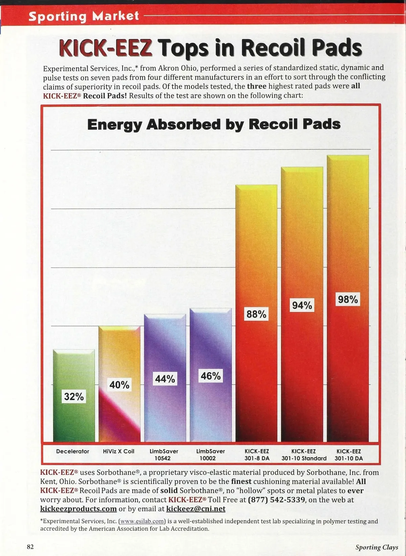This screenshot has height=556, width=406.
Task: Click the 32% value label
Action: tap(74, 396)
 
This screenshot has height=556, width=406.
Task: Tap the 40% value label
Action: tap(119, 385)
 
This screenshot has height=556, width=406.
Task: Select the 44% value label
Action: tap(165, 379)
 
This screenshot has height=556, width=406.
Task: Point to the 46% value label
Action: tap(210, 376)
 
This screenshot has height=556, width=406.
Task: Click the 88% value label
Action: tap(256, 314)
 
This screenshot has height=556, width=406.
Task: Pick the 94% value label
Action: tap(302, 305)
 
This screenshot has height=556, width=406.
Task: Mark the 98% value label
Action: tap(348, 299)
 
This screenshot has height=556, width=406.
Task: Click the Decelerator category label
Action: tap(72, 451)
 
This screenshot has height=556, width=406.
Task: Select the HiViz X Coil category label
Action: tap(118, 451)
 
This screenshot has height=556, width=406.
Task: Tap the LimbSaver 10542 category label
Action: tap(164, 455)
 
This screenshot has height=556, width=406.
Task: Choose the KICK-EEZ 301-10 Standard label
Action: tap(304, 455)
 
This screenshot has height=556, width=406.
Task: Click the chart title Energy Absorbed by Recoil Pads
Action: tap(213, 125)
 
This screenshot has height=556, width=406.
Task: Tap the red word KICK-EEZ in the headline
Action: tap(105, 48)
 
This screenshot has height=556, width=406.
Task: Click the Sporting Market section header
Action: tap(84, 16)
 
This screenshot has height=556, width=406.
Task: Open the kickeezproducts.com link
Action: tap(78, 509)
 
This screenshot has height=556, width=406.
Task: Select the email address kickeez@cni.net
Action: tap(196, 509)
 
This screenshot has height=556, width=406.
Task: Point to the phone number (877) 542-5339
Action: tap(276, 500)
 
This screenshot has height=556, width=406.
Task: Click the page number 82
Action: tap(30, 547)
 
